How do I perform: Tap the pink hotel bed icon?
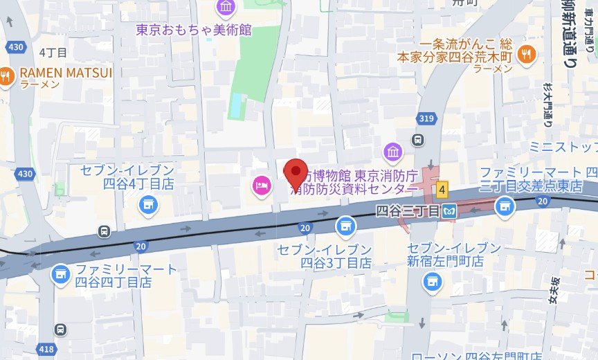pyautogui.click(x=261, y=185)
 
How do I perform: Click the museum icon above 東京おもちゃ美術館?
pyautogui.click(x=226, y=8)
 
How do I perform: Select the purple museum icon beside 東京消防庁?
pyautogui.click(x=393, y=151)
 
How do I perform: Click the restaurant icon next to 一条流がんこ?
pyautogui.click(x=527, y=53)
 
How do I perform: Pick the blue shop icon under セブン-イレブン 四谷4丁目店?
pyautogui.click(x=147, y=204)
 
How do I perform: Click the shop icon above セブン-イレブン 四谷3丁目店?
pyautogui.click(x=344, y=226)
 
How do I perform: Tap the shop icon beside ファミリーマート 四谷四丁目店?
pyautogui.click(x=61, y=275)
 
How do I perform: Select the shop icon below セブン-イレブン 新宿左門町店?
pyautogui.click(x=433, y=280)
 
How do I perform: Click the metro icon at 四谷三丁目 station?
pyautogui.click(x=451, y=210)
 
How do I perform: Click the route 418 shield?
pyautogui.click(x=46, y=350)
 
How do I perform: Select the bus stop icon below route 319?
pyautogui.click(x=417, y=139)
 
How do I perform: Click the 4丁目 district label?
pyautogui.click(x=53, y=53)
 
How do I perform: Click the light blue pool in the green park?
pyautogui.click(x=237, y=106)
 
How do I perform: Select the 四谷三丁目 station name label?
pyautogui.click(x=408, y=210)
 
